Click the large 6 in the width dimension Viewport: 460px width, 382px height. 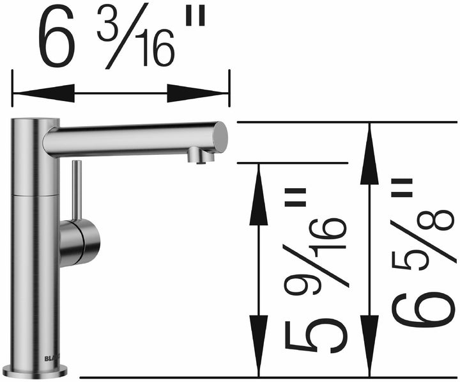[58, 39]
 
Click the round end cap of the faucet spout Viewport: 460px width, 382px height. [219, 136]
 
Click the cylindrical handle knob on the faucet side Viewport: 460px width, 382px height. [82, 243]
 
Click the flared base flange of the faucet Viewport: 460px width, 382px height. [35, 370]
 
